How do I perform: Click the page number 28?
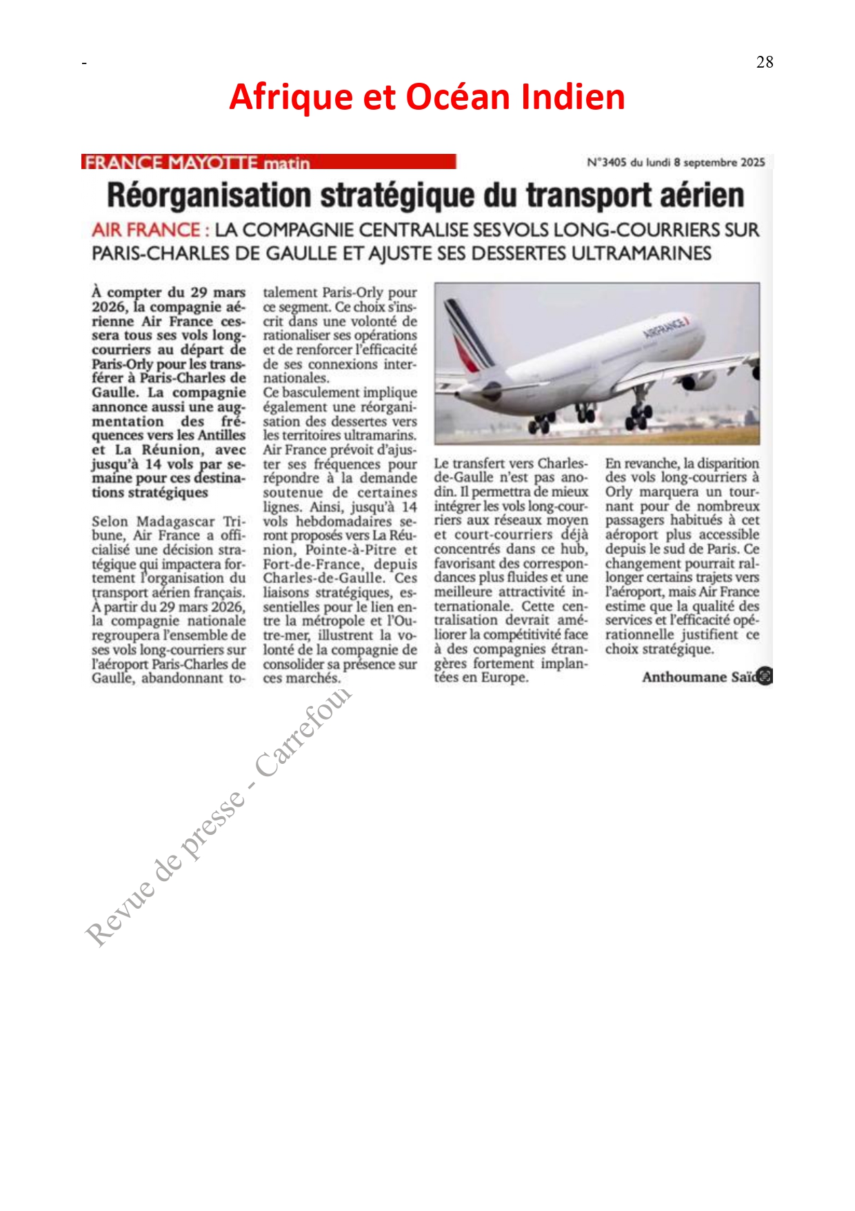point(764,62)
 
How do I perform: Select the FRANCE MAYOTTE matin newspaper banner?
point(269,162)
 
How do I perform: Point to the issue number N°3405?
point(606,162)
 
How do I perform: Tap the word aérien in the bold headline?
point(702,195)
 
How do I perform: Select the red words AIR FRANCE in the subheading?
point(145,230)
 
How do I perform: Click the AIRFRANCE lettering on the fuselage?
point(666,325)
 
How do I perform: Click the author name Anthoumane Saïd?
point(699,677)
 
